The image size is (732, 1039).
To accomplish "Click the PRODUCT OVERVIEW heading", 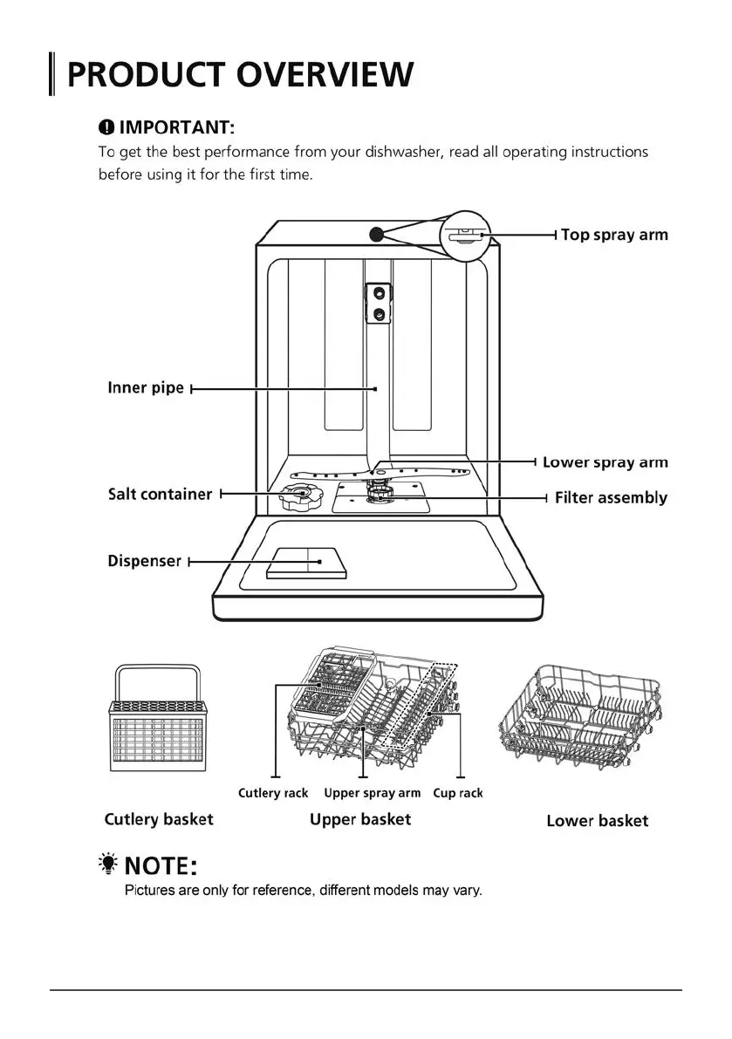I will pos(239,75).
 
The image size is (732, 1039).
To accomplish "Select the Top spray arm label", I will pos(614,235).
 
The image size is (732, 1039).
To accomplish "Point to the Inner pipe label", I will pos(146,387).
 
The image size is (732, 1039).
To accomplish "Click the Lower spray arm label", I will pos(605,462).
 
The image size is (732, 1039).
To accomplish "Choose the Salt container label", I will pos(160,494).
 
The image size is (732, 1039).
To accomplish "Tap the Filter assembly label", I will pos(611,498).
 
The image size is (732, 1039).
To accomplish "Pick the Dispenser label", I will pos(144,561).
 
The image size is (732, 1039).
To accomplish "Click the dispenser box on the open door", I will pos(307,563).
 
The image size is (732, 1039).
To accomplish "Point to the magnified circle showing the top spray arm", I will pos(467,235).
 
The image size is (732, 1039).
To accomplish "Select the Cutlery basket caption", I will pos(159,819).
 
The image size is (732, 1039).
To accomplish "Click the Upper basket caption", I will pos(360,819).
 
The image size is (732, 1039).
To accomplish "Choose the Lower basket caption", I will pos(598,821).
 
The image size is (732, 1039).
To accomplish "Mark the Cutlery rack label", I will pos(273,793).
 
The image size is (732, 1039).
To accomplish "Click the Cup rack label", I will pos(458,793).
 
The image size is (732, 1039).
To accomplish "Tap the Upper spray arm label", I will pos(372,793).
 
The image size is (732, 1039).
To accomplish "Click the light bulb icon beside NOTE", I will pos(108,864).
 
